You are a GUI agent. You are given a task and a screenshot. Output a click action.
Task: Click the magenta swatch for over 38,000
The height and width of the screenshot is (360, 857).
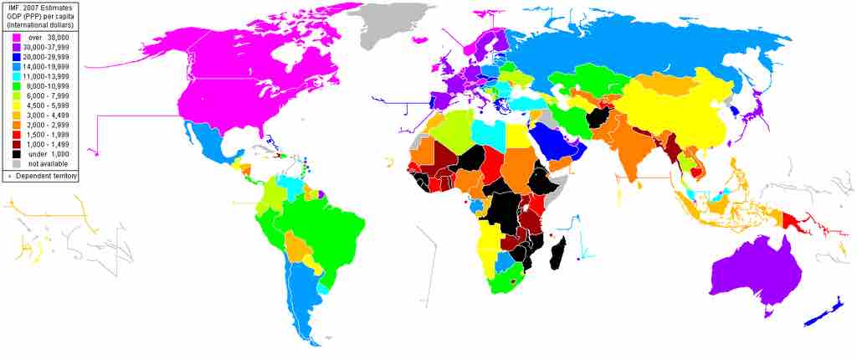pos(16,39)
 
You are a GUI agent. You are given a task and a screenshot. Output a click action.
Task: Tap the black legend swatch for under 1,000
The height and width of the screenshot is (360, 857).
pos(16,154)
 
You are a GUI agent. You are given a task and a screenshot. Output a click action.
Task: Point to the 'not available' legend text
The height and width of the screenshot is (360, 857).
pos(47,164)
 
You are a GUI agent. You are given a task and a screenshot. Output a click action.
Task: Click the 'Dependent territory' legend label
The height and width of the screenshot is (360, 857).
pos(45,176)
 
